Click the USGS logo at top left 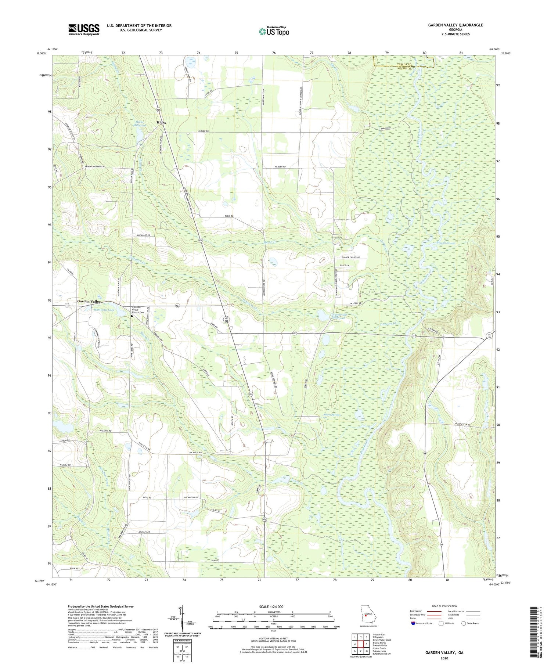84,30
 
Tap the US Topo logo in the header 274,31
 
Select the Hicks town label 161,122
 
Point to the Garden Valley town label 89,301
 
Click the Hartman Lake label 94,310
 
